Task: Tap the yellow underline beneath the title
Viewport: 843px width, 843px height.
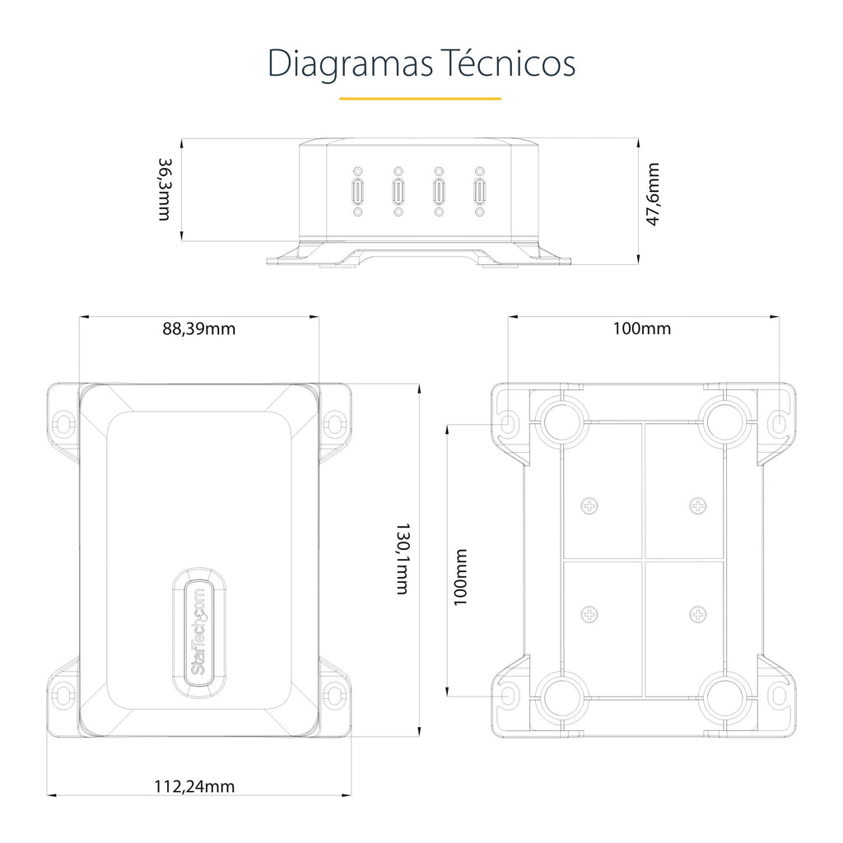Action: click(x=421, y=99)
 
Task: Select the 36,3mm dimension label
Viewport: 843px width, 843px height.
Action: click(x=165, y=189)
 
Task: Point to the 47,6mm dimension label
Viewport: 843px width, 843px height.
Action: click(x=653, y=194)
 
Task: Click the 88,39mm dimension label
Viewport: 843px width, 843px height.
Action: click(x=199, y=328)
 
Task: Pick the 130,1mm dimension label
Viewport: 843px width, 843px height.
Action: click(x=403, y=559)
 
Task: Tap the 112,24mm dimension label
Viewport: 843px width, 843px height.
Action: click(x=194, y=786)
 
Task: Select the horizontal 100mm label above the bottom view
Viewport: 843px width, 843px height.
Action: click(x=642, y=328)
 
